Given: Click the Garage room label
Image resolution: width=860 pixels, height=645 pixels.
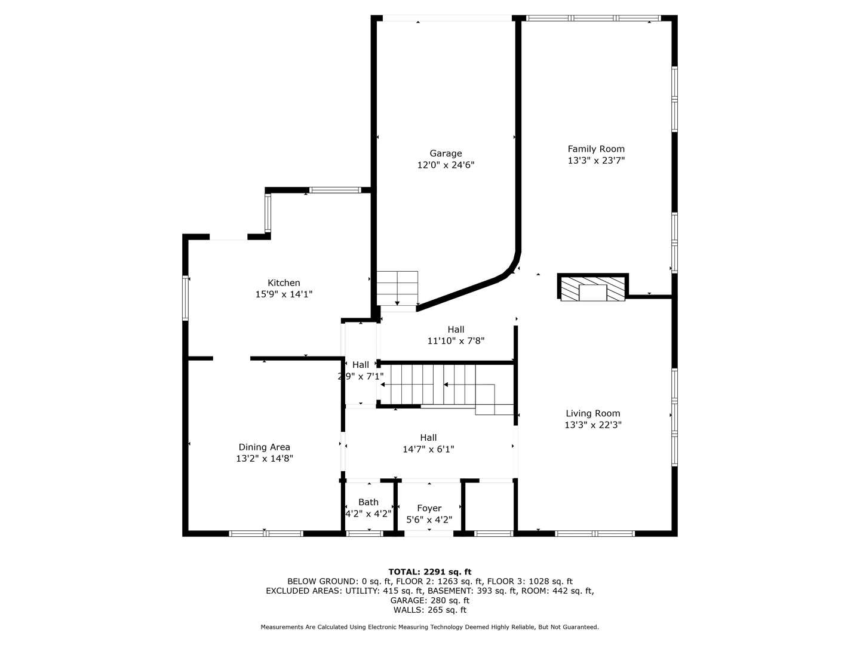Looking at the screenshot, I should tap(446, 153).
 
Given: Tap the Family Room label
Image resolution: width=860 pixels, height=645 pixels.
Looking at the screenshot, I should tap(595, 149).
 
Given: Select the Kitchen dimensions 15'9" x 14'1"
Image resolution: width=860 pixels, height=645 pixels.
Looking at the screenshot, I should tap(284, 294).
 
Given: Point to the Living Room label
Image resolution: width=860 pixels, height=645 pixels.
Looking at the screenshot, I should tap(592, 413).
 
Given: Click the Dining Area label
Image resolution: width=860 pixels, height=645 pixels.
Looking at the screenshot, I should tap(264, 447).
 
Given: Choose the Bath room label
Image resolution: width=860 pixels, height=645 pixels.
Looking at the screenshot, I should tap(368, 502).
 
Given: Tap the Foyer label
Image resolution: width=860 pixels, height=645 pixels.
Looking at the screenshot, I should tap(429, 508).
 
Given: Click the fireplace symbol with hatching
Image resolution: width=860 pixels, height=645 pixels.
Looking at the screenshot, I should tap(592, 288).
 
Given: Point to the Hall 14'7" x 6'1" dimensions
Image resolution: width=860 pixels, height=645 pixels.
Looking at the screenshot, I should tap(428, 449).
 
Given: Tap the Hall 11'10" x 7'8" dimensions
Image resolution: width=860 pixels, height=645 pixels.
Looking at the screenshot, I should tap(456, 341).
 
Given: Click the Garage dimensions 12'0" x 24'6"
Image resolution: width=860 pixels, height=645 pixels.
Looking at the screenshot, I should tap(446, 165).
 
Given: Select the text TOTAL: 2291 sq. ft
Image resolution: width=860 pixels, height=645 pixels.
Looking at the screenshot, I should tap(429, 572).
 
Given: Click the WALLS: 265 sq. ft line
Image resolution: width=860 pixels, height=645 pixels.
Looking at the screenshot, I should tap(429, 610).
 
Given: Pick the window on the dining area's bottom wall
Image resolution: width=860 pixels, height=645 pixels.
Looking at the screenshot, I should tap(266, 533).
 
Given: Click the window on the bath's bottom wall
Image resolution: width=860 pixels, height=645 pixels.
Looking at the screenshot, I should tap(364, 533).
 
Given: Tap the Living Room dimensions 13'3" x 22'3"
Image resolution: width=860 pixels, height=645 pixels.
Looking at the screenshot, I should tap(592, 425).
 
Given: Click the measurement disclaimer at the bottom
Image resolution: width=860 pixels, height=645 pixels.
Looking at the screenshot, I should tap(429, 627).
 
